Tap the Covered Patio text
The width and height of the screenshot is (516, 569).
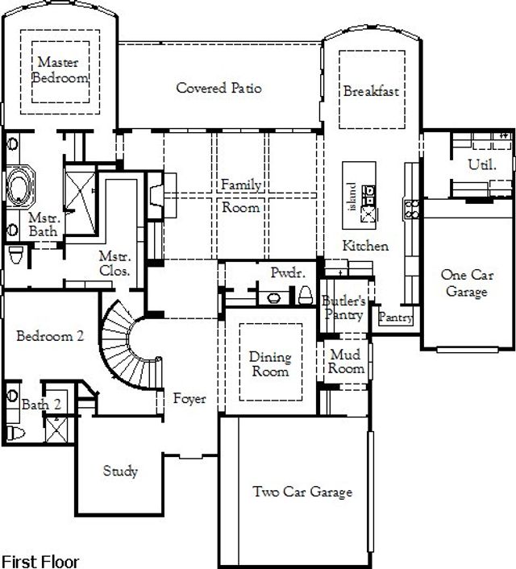218,88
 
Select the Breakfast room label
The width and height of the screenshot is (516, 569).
371,91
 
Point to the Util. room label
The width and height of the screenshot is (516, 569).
482,164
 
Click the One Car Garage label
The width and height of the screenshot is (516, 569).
466,283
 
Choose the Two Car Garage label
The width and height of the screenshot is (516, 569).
302,492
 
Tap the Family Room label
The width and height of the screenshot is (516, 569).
241,197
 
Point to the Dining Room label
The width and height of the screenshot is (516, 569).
269,364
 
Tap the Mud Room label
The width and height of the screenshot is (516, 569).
346,361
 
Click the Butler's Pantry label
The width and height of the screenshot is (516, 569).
344,308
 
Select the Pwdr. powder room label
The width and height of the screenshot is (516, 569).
287,273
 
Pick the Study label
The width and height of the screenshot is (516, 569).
120,471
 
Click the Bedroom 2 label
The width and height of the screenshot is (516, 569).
50,337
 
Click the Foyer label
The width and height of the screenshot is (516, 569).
189,399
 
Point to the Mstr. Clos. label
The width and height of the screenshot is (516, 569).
114,264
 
